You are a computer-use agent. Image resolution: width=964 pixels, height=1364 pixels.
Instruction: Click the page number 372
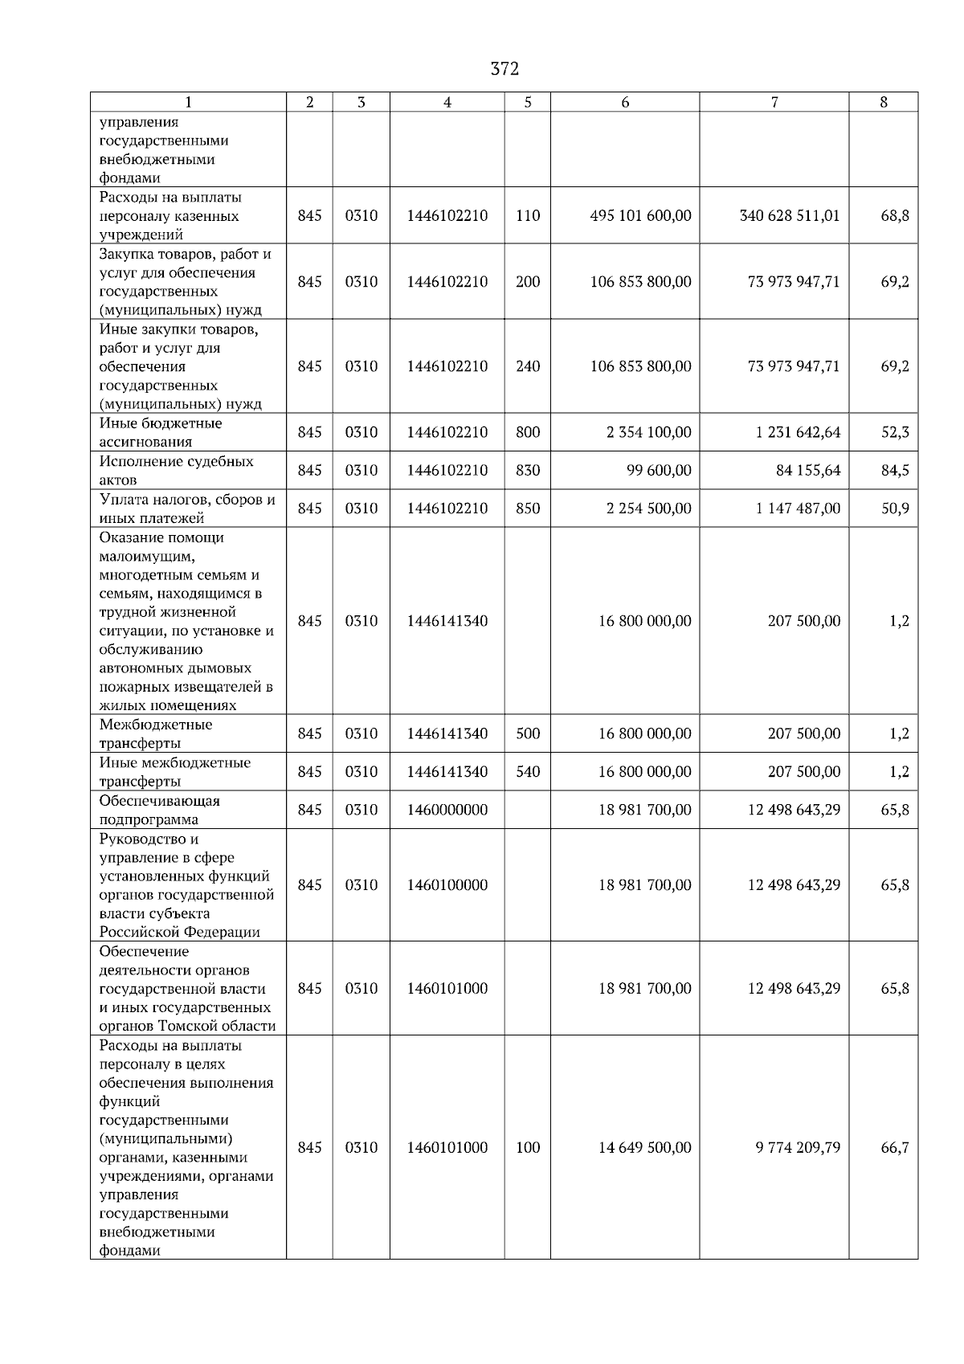coord(504,69)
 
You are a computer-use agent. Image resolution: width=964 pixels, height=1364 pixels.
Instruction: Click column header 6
coord(625,102)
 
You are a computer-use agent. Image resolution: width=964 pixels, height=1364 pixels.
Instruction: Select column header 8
coord(883,102)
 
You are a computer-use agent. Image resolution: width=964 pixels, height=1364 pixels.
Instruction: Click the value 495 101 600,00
coord(640,216)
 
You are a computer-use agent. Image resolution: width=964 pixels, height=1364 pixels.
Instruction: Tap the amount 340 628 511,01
coord(789,216)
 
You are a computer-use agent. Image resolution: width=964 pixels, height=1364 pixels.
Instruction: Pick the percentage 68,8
coord(894,216)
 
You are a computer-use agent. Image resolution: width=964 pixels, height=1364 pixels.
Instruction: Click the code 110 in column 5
coord(528,216)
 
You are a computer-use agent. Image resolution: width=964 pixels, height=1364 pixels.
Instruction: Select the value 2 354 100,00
coord(648,432)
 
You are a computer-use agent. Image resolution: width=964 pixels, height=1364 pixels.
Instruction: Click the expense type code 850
coord(528,508)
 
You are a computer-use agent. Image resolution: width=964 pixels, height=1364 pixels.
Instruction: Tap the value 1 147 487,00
coord(798,508)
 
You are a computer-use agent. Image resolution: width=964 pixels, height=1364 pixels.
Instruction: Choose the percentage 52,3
coord(894,432)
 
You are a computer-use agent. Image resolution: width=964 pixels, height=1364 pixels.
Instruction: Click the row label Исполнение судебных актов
coord(177,471)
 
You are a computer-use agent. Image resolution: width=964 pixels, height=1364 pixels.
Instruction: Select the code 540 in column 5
coord(528,772)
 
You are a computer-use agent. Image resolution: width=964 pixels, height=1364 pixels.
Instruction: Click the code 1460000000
coord(447,810)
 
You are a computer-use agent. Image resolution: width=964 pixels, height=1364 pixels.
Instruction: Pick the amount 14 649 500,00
coord(644,1148)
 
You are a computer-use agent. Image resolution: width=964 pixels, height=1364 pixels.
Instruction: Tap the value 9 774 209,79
coord(797,1148)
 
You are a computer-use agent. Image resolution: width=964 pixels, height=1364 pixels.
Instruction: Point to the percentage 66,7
coord(894,1148)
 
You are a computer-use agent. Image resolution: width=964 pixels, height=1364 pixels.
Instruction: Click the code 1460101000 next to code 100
coord(447,1148)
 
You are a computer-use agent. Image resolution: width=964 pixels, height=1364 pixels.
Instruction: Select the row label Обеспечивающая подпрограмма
coord(159,810)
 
